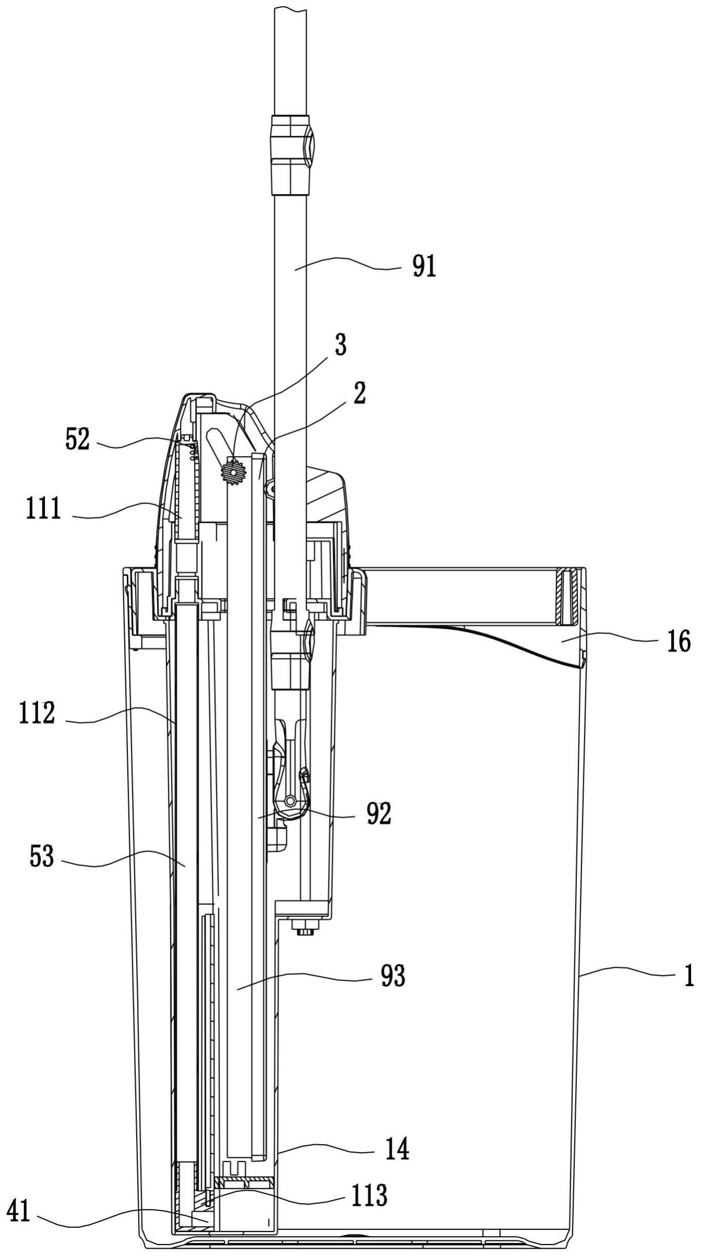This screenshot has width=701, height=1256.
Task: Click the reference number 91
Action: click(x=424, y=267)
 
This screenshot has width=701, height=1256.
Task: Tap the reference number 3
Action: click(x=340, y=347)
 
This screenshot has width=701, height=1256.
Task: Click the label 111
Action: click(x=44, y=509)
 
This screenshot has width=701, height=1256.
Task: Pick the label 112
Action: click(x=37, y=714)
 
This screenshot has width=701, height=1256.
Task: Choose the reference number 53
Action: click(x=42, y=856)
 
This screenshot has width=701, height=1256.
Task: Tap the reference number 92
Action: click(x=379, y=815)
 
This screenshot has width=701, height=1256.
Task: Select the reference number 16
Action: click(x=678, y=641)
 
